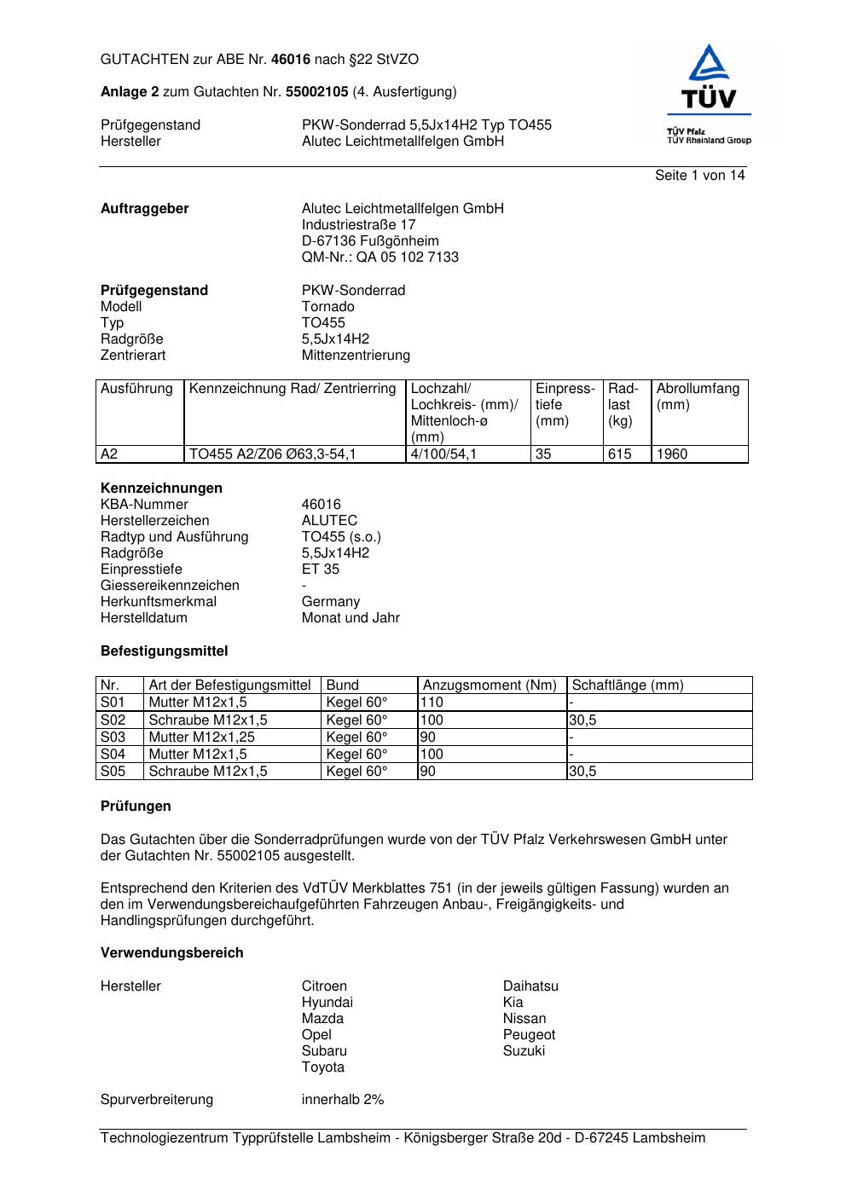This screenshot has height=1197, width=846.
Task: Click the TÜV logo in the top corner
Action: tap(708, 94)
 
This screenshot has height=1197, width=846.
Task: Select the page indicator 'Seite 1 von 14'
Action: tap(699, 176)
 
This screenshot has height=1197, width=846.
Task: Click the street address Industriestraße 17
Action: tap(358, 225)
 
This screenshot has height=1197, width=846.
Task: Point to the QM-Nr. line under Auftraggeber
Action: tap(380, 257)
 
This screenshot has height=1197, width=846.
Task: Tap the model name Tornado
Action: tap(327, 307)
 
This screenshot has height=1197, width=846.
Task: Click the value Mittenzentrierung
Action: tap(356, 356)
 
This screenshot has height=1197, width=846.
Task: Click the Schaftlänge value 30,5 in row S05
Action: tap(583, 772)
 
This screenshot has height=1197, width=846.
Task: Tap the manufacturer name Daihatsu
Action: tap(530, 986)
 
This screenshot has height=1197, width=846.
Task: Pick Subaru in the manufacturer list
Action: tap(324, 1051)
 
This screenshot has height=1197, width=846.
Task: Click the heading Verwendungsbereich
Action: tap(171, 953)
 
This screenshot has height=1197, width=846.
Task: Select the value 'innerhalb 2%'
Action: tap(343, 1100)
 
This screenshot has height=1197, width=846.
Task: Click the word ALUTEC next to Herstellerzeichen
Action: tap(329, 521)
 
